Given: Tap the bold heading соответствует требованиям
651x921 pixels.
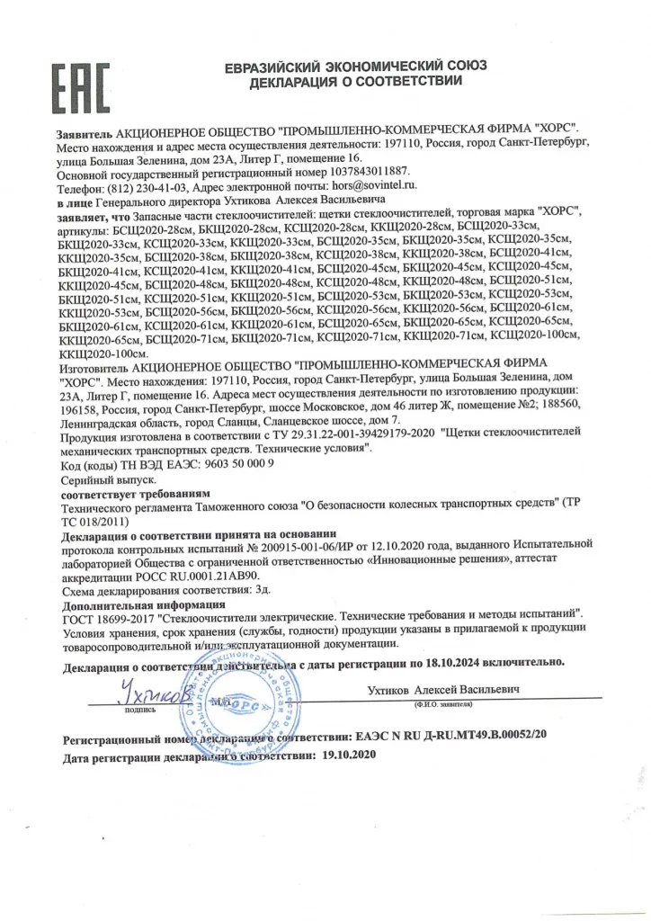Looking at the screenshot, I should coord(135,494).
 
